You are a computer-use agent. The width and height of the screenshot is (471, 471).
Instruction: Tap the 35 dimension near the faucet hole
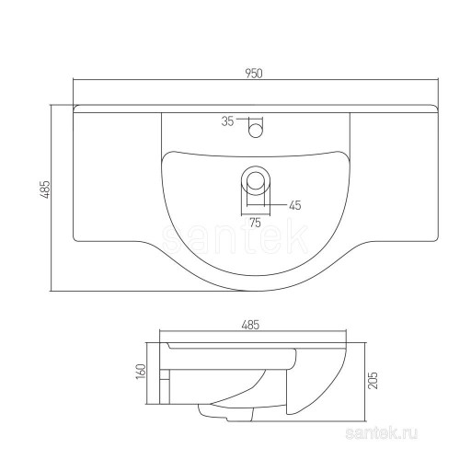[x=229, y=121]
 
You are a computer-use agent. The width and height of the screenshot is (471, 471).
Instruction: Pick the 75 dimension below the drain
[x=255, y=222]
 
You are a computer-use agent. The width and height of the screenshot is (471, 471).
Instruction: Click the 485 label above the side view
[x=250, y=325]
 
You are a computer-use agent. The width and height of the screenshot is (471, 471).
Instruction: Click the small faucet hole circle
[x=256, y=130]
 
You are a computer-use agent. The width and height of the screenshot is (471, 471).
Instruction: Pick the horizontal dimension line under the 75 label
[x=256, y=214]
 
